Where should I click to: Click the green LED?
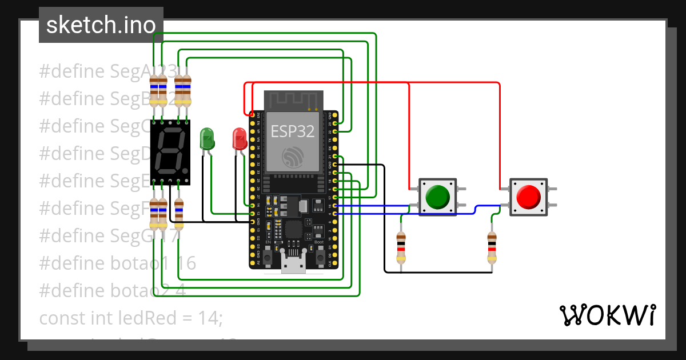[x=207, y=139]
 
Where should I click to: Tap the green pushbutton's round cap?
[x=438, y=197]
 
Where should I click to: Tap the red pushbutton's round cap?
[x=528, y=197]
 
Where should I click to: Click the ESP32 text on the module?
[x=293, y=131]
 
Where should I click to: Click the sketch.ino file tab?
[x=101, y=25]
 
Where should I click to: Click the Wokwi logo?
[x=607, y=315]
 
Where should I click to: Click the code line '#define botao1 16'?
[x=118, y=263]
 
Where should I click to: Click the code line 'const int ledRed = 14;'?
[x=130, y=317]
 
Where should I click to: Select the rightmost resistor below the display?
[x=179, y=213]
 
